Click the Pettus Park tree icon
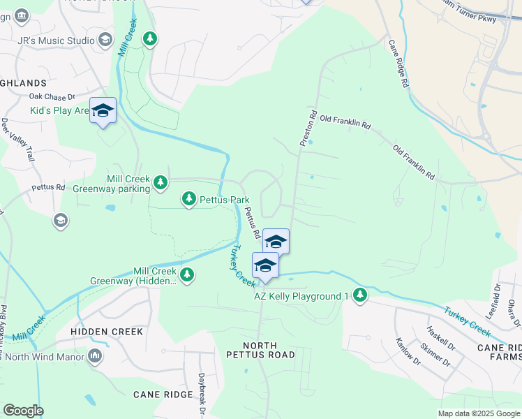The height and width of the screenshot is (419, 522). coord(188,200)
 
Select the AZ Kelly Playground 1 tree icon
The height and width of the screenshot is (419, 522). coord(360,295)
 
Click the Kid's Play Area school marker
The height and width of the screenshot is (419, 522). coord(103,111)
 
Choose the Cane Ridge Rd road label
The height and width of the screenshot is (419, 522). coord(399,71)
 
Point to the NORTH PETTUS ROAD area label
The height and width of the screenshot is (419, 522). coord(260,350)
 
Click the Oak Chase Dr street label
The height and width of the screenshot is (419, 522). coord(52,97)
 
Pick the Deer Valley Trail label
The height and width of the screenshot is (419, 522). coord(18,140)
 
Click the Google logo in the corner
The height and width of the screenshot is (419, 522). coord(23,411)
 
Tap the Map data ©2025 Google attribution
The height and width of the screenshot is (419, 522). coord(478,413)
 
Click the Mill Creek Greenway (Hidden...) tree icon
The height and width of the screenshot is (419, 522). coord(186,274)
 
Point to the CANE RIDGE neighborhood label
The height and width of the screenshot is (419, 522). coord(163,395)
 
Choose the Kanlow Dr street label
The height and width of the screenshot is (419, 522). coord(408,351)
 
